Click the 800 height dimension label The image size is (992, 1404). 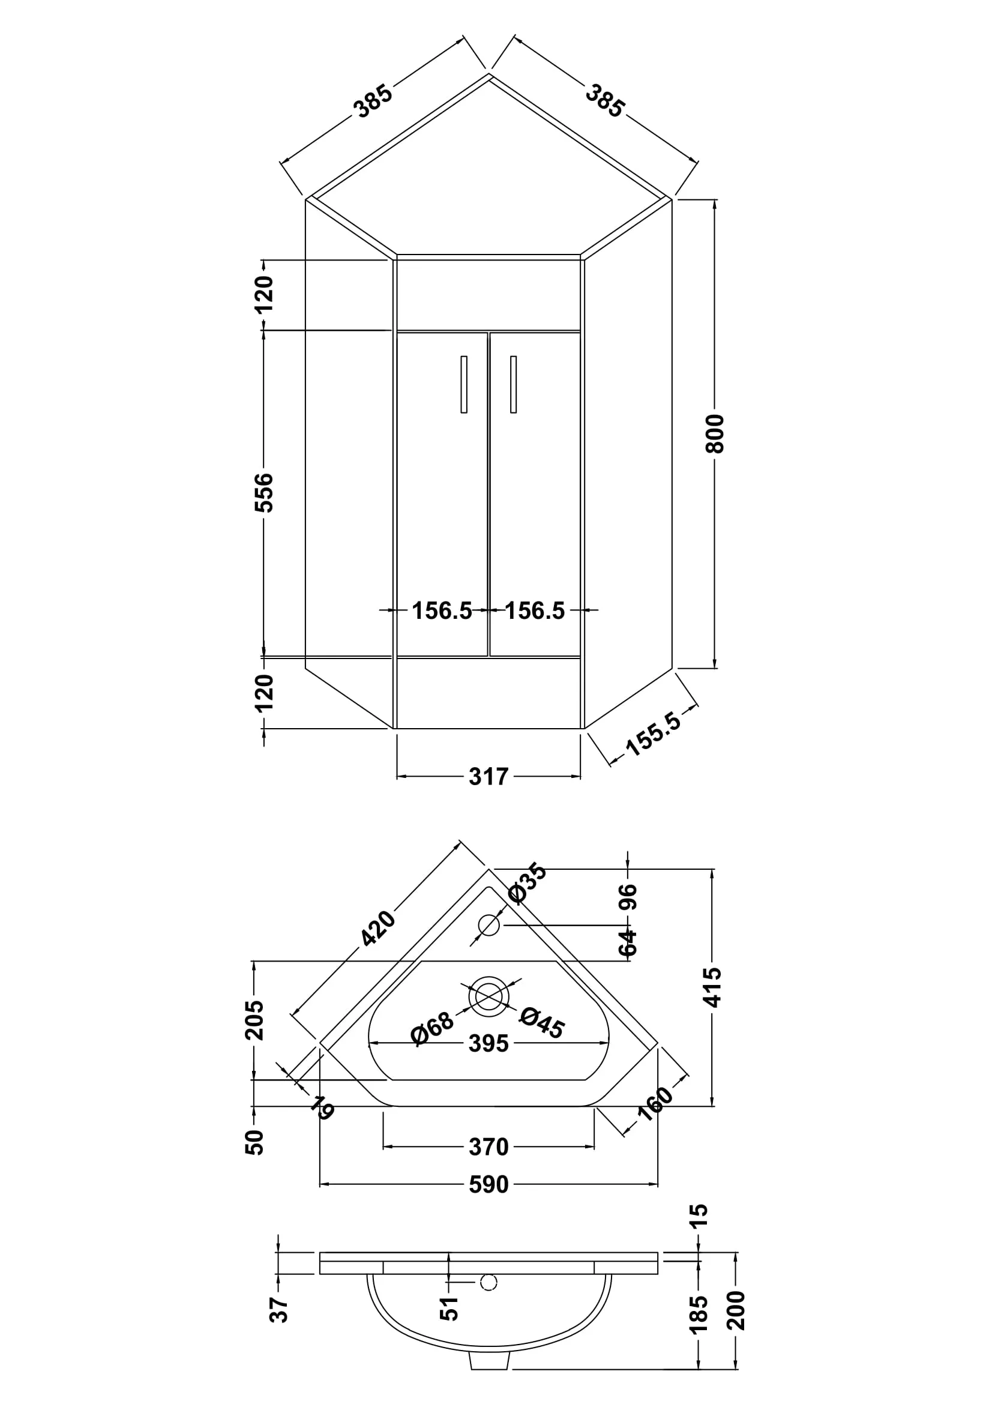click(715, 433)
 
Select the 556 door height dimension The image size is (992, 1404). click(264, 492)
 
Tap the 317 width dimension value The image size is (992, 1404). click(488, 777)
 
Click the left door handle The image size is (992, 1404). click(464, 384)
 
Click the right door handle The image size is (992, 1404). click(514, 384)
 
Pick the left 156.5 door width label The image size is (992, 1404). click(442, 610)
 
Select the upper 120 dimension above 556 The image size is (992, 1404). click(264, 294)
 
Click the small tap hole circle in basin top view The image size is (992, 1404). click(489, 925)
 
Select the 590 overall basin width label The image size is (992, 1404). click(488, 1184)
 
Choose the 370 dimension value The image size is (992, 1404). click(488, 1146)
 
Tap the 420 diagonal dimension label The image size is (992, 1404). click(377, 928)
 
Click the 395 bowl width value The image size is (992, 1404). click(488, 1043)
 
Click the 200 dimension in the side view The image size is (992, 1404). click(737, 1310)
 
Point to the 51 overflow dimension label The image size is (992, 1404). click(449, 1309)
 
